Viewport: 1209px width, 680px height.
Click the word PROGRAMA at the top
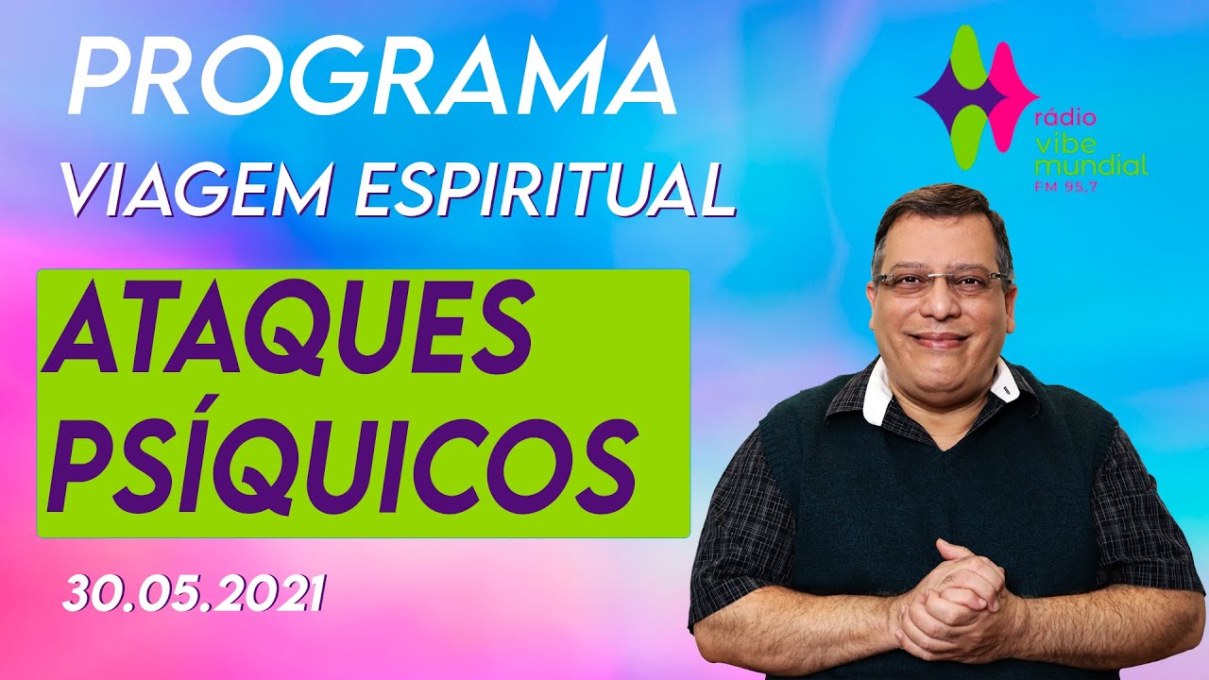[370, 78]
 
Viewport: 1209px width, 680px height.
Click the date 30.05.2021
[195, 593]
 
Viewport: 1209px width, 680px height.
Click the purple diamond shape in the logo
[954, 94]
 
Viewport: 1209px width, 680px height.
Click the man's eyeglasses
[940, 280]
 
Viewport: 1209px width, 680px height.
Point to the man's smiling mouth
[941, 340]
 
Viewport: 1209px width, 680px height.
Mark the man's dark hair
[935, 212]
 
